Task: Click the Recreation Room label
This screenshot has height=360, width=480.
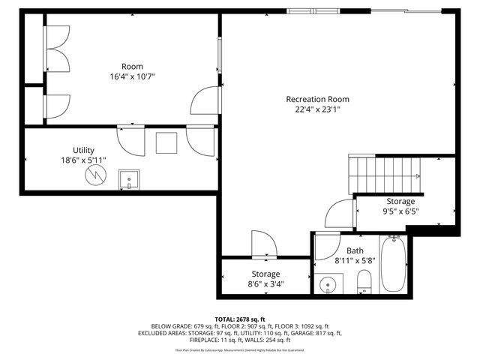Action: pyautogui.click(x=317, y=99)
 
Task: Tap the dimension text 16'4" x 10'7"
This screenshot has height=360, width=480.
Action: pyautogui.click(x=132, y=76)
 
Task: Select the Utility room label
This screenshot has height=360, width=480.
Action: pyautogui.click(x=83, y=150)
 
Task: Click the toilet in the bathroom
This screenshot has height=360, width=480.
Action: pyautogui.click(x=364, y=282)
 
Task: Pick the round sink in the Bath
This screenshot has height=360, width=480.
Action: pyautogui.click(x=328, y=285)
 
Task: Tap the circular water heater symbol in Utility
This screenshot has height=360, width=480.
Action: pyautogui.click(x=96, y=175)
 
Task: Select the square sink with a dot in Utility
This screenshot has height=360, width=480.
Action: pyautogui.click(x=128, y=180)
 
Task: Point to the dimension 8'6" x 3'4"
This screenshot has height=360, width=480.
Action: pyautogui.click(x=265, y=284)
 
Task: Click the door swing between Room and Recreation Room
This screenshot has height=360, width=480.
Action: pyautogui.click(x=205, y=100)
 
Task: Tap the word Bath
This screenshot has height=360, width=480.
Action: pyautogui.click(x=355, y=250)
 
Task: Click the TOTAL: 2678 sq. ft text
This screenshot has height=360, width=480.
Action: pyautogui.click(x=240, y=319)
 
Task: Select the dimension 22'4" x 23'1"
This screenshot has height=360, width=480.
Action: pyautogui.click(x=317, y=109)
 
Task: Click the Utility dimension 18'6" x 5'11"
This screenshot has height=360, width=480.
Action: pyautogui.click(x=83, y=160)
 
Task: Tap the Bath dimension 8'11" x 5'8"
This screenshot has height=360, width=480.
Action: pyautogui.click(x=355, y=262)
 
